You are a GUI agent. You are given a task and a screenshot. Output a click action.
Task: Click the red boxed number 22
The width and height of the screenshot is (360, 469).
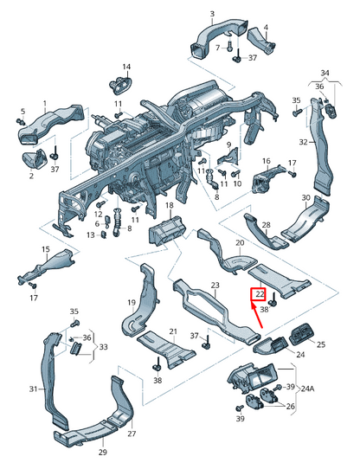(258, 294)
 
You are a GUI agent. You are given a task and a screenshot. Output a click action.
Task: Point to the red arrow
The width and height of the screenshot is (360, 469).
(257, 315)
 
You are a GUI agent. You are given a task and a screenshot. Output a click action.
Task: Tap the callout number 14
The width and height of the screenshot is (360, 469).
(126, 67)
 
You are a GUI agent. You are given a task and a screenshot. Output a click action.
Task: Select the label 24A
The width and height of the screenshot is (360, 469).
(306, 389)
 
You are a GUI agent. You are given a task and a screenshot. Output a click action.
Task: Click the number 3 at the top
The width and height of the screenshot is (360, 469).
(212, 14)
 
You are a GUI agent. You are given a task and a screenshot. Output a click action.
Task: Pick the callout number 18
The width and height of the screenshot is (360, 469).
(170, 205)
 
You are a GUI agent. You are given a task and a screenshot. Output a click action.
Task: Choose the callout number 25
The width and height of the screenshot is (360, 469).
(321, 344)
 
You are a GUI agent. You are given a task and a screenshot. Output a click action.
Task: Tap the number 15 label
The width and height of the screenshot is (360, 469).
(46, 249)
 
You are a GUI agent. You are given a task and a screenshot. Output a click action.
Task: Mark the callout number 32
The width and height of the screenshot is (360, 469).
(303, 142)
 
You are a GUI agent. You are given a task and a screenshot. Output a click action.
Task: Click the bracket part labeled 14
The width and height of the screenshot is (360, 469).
(120, 86)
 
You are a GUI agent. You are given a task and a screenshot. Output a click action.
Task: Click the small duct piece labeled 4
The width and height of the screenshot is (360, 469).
(261, 41)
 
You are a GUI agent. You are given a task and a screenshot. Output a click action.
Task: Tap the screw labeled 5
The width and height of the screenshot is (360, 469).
(21, 121)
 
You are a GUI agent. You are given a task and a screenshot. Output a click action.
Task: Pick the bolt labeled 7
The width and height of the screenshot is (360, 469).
(229, 47)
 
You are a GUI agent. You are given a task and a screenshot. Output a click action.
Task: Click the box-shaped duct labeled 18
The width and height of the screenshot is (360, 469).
(167, 230)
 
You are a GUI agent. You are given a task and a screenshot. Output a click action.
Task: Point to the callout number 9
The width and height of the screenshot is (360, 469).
(229, 145)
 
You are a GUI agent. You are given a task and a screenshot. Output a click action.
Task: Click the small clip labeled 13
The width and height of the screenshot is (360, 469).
(104, 234)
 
